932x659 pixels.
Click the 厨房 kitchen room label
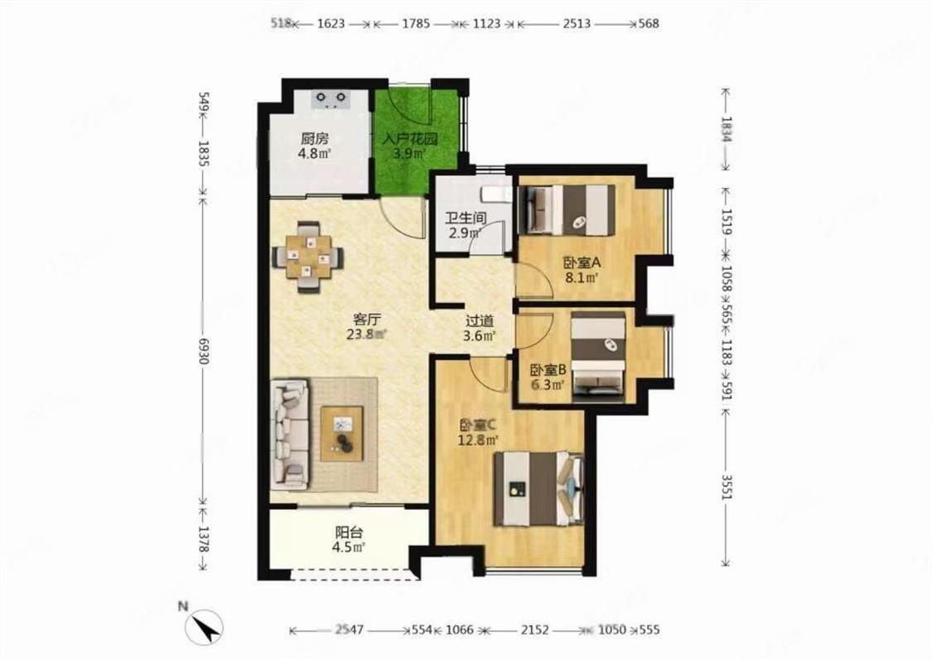[x=315, y=139]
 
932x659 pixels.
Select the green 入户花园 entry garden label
[x=410, y=139]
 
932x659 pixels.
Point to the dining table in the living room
[x=307, y=257]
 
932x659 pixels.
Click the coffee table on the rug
[x=342, y=433]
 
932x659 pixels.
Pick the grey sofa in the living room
[x=290, y=435]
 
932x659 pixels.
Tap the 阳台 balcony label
[x=349, y=532]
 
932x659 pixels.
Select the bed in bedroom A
[x=567, y=209]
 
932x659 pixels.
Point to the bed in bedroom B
[x=598, y=357]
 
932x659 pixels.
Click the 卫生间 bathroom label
[x=466, y=218]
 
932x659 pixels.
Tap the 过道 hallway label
[x=480, y=321]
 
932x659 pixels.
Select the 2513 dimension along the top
[x=577, y=24]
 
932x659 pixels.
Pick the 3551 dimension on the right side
[x=727, y=485]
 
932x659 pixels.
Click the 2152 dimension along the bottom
[x=535, y=629]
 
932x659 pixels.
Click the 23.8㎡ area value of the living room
[x=366, y=334]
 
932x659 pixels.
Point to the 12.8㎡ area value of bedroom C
[x=478, y=440]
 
